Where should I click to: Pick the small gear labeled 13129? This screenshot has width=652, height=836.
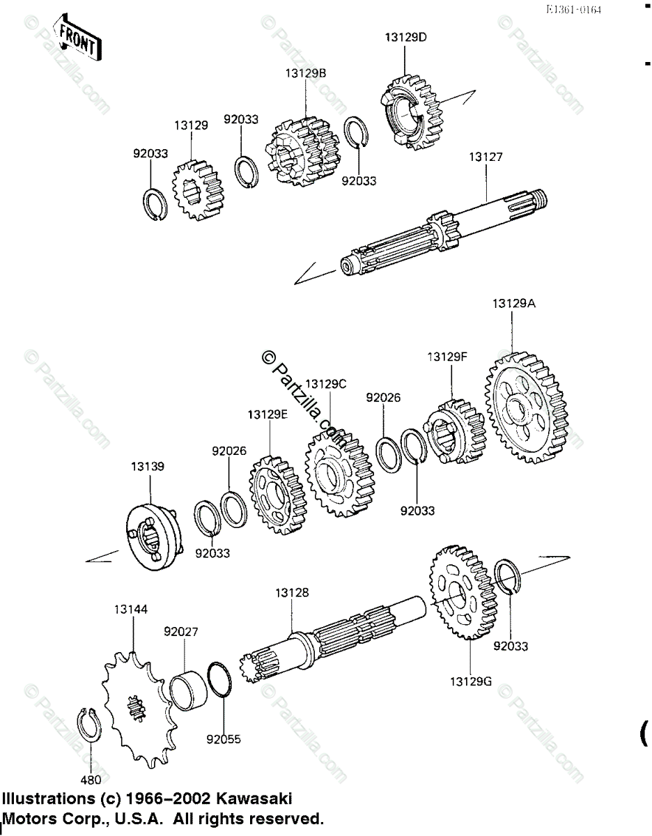tap(196, 189)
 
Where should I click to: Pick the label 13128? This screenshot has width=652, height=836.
tap(292, 593)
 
